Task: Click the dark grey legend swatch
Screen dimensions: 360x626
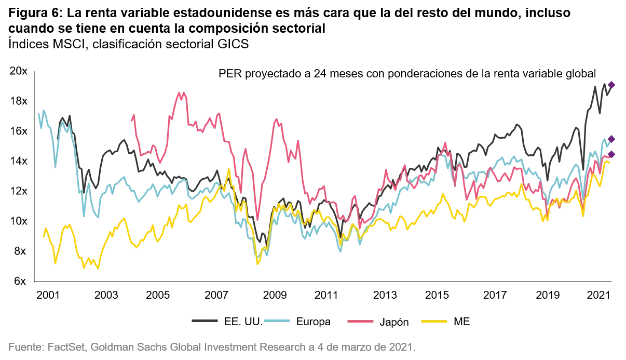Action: click(x=207, y=320)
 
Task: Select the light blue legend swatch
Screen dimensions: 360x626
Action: click(x=276, y=320)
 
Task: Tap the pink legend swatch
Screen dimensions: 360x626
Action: click(x=359, y=322)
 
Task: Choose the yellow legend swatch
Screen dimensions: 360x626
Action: click(x=434, y=322)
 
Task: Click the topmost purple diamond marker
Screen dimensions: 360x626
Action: click(x=611, y=85)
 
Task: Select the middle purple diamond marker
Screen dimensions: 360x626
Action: click(x=611, y=138)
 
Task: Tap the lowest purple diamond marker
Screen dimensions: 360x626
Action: click(x=611, y=154)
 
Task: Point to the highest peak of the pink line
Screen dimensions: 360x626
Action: click(x=181, y=95)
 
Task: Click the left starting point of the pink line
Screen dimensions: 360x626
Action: click(x=133, y=118)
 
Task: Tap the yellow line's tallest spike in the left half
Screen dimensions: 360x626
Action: click(x=228, y=169)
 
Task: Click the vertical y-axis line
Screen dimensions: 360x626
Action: click(x=35, y=177)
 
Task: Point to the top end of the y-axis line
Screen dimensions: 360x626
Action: click(x=35, y=72)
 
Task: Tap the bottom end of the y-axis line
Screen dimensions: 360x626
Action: click(x=35, y=281)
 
